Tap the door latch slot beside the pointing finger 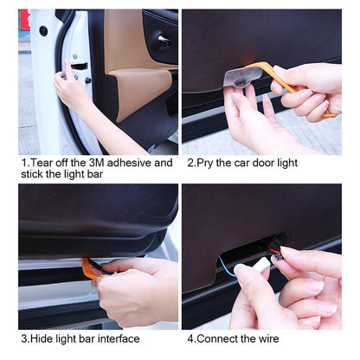coord(80,66)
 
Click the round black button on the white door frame coord(43,31)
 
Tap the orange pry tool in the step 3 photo coord(90,267)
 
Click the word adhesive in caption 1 coord(130,162)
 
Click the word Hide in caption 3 coord(44,337)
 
